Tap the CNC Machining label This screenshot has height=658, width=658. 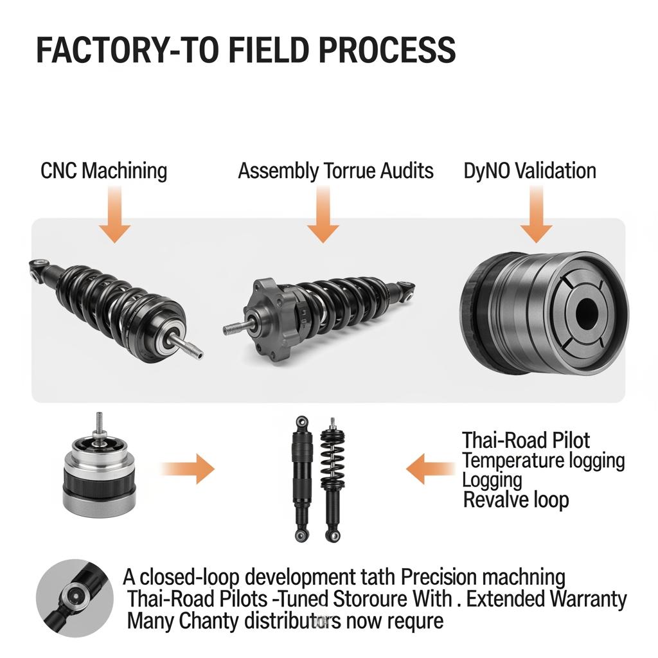[103, 171]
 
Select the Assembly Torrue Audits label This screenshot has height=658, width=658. [335, 171]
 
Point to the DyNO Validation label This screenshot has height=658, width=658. [529, 171]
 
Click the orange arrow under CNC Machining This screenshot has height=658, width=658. [115, 218]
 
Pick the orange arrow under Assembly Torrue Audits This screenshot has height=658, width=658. [323, 218]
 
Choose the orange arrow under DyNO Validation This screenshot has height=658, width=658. [536, 218]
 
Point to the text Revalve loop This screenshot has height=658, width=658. [516, 499]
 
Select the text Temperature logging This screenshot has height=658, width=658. [543, 460]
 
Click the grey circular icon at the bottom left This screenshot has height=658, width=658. [66, 589]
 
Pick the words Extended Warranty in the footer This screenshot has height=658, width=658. [546, 599]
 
